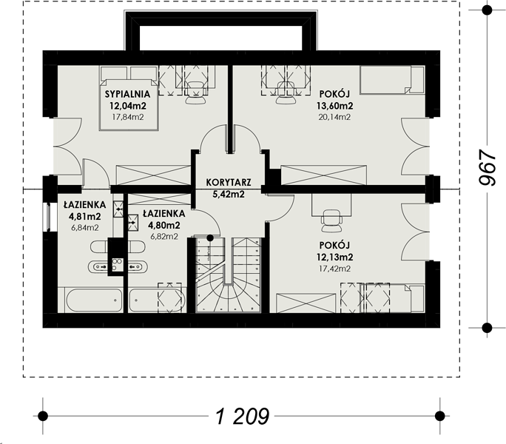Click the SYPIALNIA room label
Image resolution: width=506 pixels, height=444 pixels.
[128, 94]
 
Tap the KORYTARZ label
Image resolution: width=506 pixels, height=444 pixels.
[229, 183]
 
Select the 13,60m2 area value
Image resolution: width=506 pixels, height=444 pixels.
[334, 106]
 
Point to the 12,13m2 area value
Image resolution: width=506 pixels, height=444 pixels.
[334, 258]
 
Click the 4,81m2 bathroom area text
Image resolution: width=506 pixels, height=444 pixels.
[85, 216]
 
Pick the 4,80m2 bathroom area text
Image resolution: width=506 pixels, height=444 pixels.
[164, 225]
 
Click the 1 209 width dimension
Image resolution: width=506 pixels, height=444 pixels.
[242, 416]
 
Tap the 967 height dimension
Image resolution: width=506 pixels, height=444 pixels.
[487, 167]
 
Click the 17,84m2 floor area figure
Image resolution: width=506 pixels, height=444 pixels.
[128, 117]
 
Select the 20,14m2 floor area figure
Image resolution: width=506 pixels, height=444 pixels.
[334, 117]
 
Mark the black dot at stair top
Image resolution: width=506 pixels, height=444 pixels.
[210, 238]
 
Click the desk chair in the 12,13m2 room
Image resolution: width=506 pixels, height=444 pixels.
[331, 221]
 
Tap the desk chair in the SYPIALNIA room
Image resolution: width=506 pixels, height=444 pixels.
[195, 92]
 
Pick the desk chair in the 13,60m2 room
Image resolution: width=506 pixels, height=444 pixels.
[286, 92]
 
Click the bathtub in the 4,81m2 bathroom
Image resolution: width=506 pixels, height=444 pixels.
[94, 300]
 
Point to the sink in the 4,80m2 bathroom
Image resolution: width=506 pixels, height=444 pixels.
[136, 266]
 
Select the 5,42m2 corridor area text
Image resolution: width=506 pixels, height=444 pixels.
[229, 195]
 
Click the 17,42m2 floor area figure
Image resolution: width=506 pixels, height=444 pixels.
[334, 269]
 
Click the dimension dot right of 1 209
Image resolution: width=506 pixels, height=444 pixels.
[439, 416]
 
